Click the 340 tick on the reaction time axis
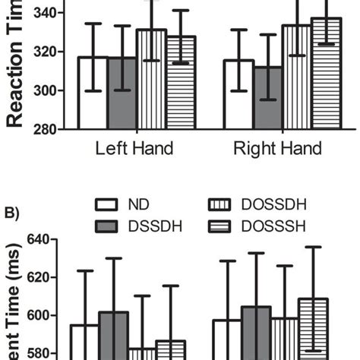[48, 13]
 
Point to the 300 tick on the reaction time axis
[48, 91]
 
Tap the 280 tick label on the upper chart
[48, 130]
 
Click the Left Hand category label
[134, 148]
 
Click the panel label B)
[13, 213]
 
